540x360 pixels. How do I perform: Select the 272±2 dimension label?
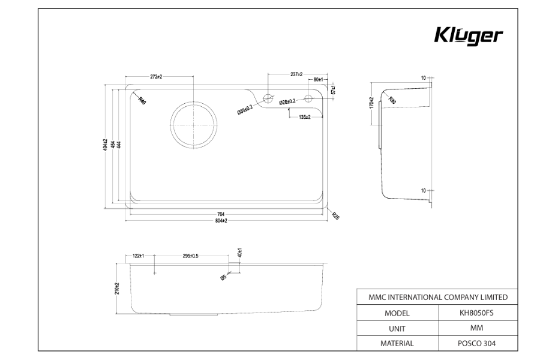(156, 77)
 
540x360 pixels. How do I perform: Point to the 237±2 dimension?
(295, 74)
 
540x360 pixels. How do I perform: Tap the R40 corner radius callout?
(142, 101)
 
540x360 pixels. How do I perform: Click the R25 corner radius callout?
(336, 217)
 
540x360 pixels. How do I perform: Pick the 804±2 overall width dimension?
(221, 221)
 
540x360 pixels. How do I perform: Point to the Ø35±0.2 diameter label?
(245, 109)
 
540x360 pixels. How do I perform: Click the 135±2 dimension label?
(304, 116)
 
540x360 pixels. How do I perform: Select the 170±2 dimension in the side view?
(372, 103)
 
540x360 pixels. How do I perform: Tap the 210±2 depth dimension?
(118, 289)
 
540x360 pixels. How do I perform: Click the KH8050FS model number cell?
(476, 313)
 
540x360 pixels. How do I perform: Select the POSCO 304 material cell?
(476, 343)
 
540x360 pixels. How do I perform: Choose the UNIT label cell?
(397, 328)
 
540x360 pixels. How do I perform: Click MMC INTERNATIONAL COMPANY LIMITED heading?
(437, 297)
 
